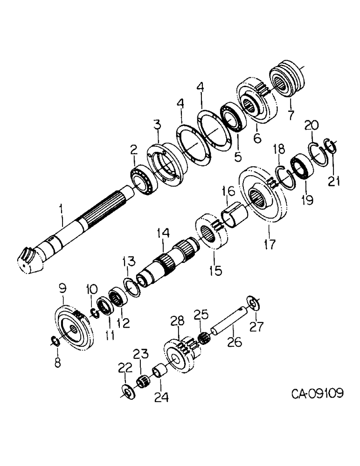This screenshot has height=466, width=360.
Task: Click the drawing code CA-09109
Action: [x=318, y=394]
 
